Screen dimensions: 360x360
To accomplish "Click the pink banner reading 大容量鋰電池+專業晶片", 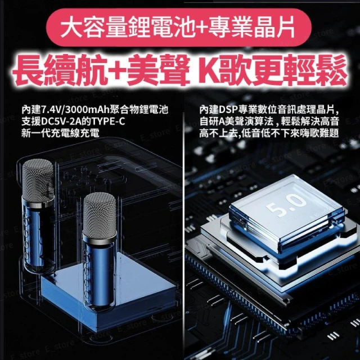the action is point(179,28).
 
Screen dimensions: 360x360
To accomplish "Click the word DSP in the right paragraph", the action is point(228,110).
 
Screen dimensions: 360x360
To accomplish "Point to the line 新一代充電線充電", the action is point(60,133).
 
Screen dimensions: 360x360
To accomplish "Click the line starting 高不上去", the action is point(269,133).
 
